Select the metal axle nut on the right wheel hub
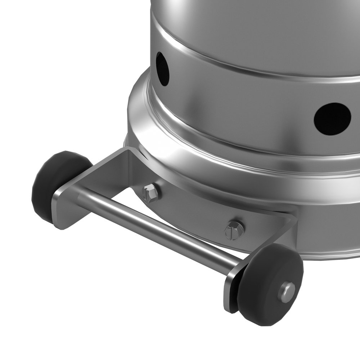pyautogui.click(x=287, y=292)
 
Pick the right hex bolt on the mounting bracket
pyautogui.click(x=234, y=230)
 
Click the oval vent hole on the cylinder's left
pyautogui.click(x=162, y=69)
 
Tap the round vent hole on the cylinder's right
pyautogui.click(x=332, y=119)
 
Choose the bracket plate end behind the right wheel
pyautogui.click(x=231, y=292)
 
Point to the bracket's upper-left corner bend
pyautogui.click(x=127, y=152)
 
